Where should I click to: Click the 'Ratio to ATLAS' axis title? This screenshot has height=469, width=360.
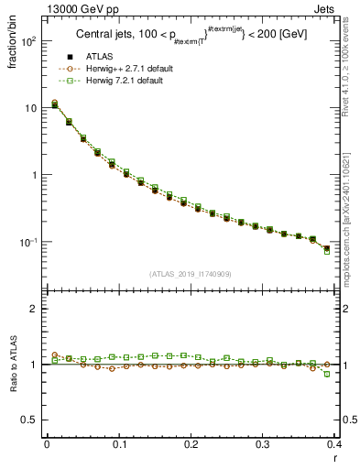[14, 365]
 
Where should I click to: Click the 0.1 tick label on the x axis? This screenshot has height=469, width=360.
[119, 444]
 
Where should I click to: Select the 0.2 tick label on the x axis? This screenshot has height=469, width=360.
[191, 444]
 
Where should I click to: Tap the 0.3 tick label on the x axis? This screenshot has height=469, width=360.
[263, 444]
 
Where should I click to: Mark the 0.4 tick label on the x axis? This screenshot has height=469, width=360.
[335, 444]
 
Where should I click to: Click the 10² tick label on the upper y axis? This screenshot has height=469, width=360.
[29, 41]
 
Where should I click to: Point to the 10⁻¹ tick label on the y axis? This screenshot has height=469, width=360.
[29, 242]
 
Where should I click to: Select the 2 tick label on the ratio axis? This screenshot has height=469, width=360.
[34, 309]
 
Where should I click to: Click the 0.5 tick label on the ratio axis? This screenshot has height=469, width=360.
[29, 420]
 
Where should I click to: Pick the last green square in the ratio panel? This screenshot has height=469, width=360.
[353, 374]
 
